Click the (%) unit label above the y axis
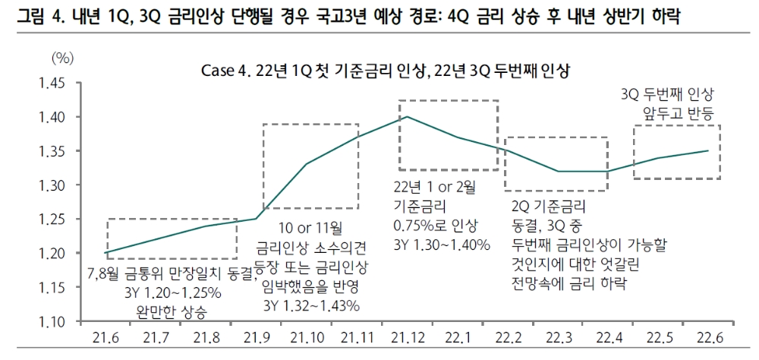pyautogui.click(x=62, y=58)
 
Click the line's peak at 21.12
pyautogui.click(x=408, y=117)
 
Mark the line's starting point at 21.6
pyautogui.click(x=106, y=253)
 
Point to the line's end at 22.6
pyautogui.click(x=708, y=150)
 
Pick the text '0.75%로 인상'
pyautogui.click(x=434, y=225)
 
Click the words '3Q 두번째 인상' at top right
pyautogui.click(x=668, y=96)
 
